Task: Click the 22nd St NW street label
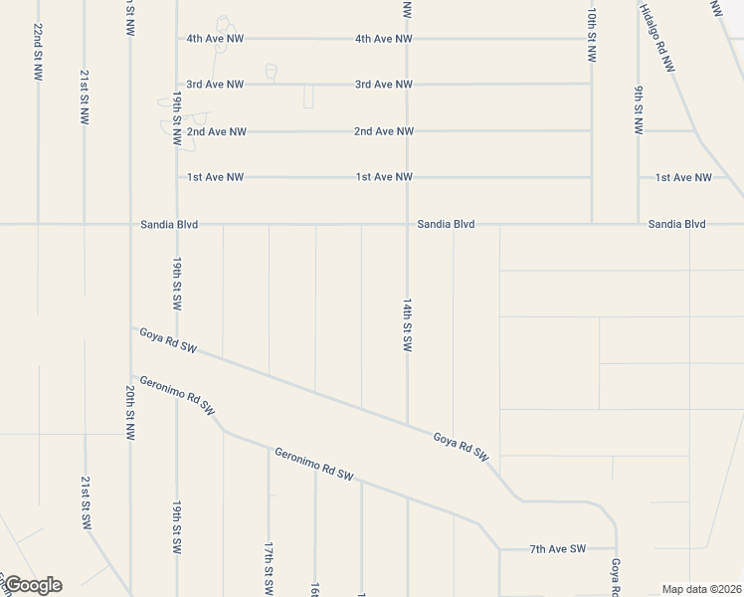(37, 52)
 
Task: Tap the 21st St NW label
(85, 97)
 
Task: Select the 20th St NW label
(130, 413)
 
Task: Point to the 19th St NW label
(176, 119)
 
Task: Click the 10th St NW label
(591, 36)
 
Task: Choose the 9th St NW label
(639, 110)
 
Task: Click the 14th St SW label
(407, 324)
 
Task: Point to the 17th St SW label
(269, 568)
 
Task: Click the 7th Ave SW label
(558, 549)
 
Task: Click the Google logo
(32, 585)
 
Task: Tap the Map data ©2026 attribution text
(700, 589)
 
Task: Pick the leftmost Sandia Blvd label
(169, 225)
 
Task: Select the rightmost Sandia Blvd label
(676, 225)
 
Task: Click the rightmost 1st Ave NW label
(683, 177)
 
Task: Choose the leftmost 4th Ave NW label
(215, 39)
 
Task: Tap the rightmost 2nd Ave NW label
(384, 131)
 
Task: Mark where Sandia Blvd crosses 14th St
(407, 225)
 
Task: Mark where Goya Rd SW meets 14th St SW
(407, 425)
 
